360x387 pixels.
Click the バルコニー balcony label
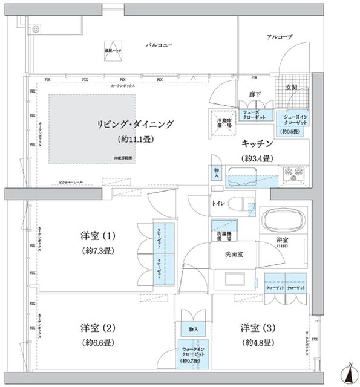160,45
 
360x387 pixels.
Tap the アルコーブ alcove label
279,37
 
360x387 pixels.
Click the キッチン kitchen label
258,144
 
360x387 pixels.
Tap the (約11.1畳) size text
135,139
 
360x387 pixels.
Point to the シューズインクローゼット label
295,119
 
